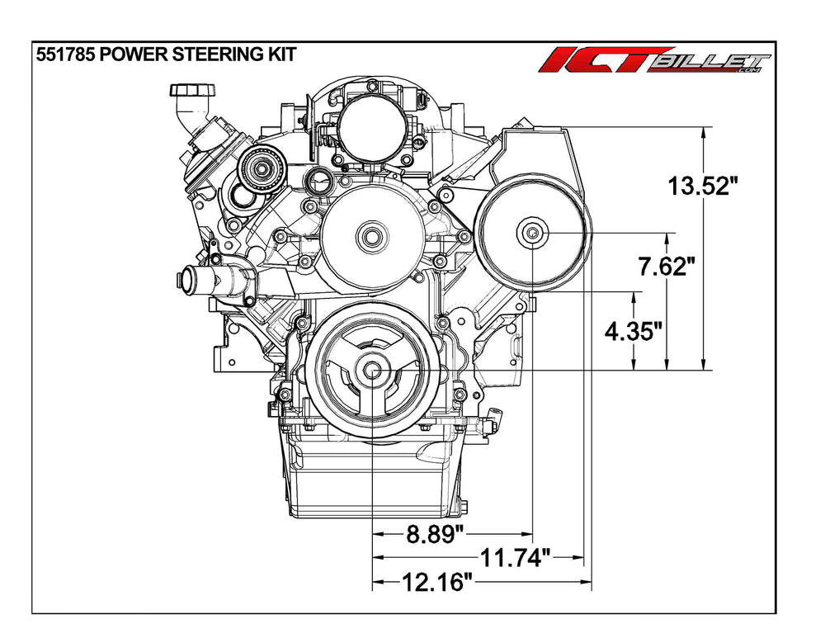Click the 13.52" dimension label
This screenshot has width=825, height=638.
click(x=700, y=187)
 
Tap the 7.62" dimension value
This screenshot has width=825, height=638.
click(x=662, y=267)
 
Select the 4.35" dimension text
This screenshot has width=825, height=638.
click(x=633, y=332)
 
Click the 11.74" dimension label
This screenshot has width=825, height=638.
click(x=515, y=557)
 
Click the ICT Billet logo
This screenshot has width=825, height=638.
click(x=654, y=60)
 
